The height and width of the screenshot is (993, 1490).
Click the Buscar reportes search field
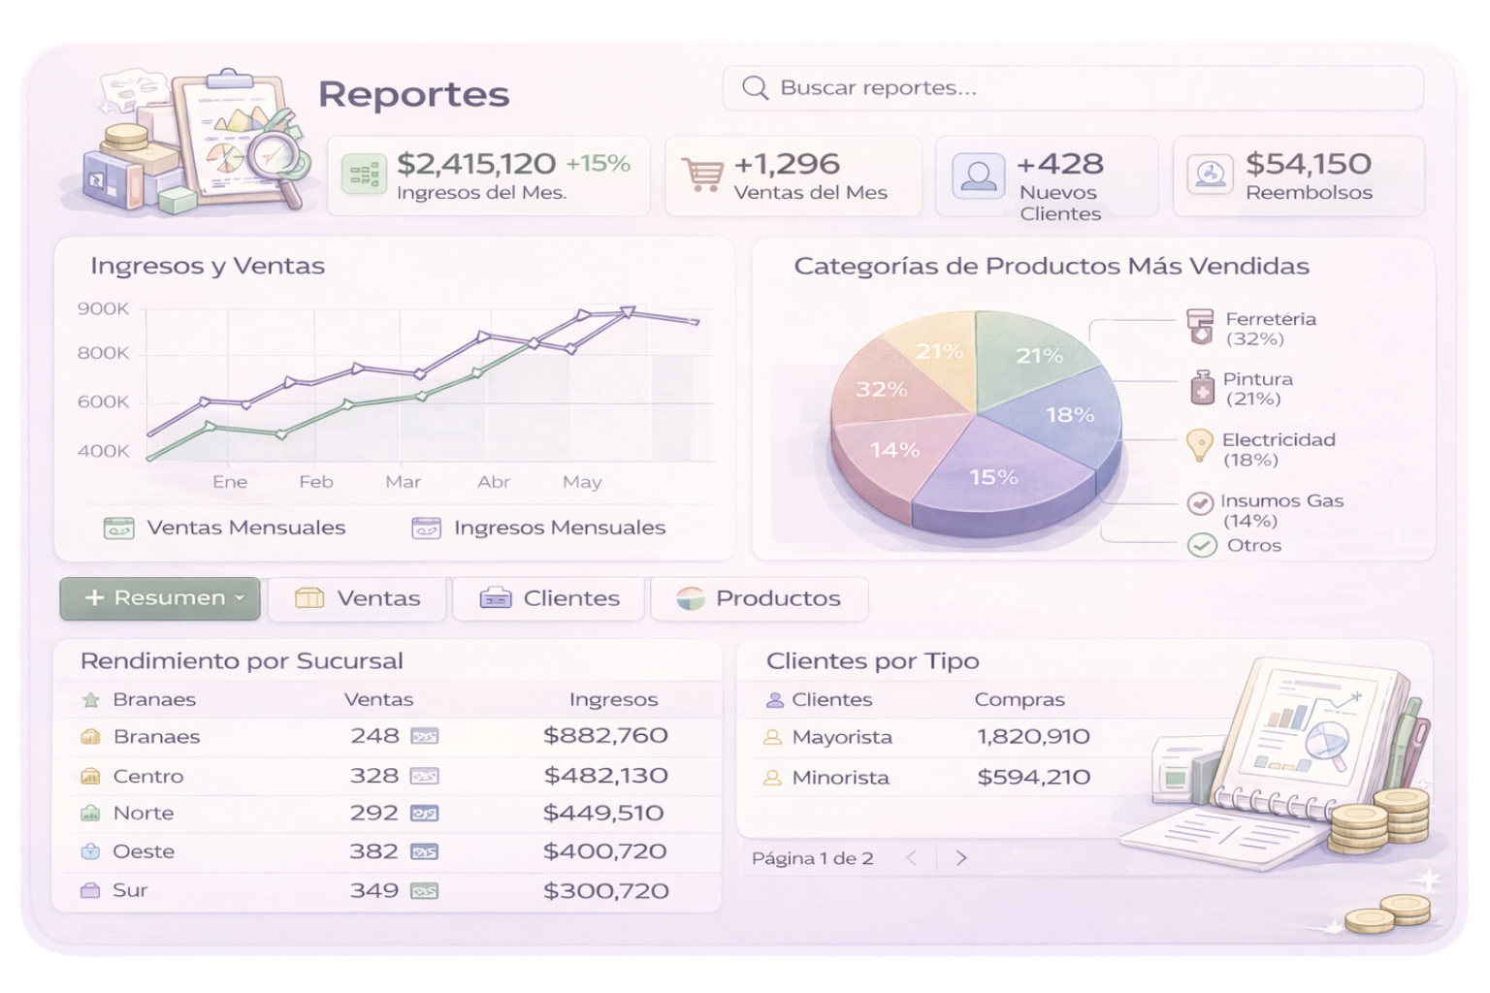pyautogui.click(x=1072, y=88)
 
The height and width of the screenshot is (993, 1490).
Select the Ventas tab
pyautogui.click(x=357, y=598)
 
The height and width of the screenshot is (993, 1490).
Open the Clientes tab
pyautogui.click(x=549, y=598)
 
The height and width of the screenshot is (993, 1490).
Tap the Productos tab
pyautogui.click(x=759, y=598)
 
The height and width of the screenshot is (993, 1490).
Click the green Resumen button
pyautogui.click(x=160, y=598)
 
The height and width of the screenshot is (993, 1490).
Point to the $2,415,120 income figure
pyautogui.click(x=475, y=164)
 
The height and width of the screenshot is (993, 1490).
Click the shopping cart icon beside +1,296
pyautogui.click(x=702, y=175)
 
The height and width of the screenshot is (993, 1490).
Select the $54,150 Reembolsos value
pyautogui.click(x=1308, y=164)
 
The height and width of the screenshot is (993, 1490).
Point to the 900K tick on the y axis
pyautogui.click(x=103, y=309)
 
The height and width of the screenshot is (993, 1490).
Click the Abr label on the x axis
pyautogui.click(x=494, y=482)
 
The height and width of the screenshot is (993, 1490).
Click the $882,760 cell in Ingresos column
pyautogui.click(x=605, y=736)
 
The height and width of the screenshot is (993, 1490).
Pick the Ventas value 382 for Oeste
pyautogui.click(x=374, y=851)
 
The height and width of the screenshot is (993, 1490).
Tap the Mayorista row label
pyautogui.click(x=841, y=737)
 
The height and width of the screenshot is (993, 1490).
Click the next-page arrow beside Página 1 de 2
pyautogui.click(x=961, y=858)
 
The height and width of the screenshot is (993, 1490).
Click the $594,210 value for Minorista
pyautogui.click(x=1033, y=777)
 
